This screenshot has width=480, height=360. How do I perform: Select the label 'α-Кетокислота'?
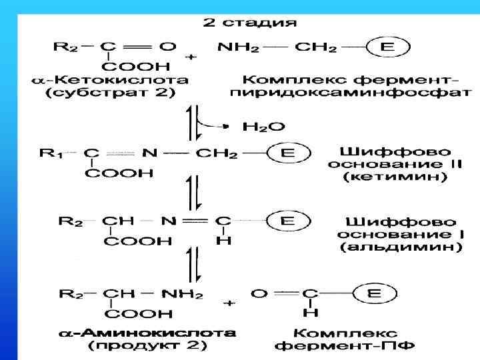pos(110,80)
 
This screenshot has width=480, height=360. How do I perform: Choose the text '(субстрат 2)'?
pos(110,93)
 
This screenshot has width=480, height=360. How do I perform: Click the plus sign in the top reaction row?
pos(191,57)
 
